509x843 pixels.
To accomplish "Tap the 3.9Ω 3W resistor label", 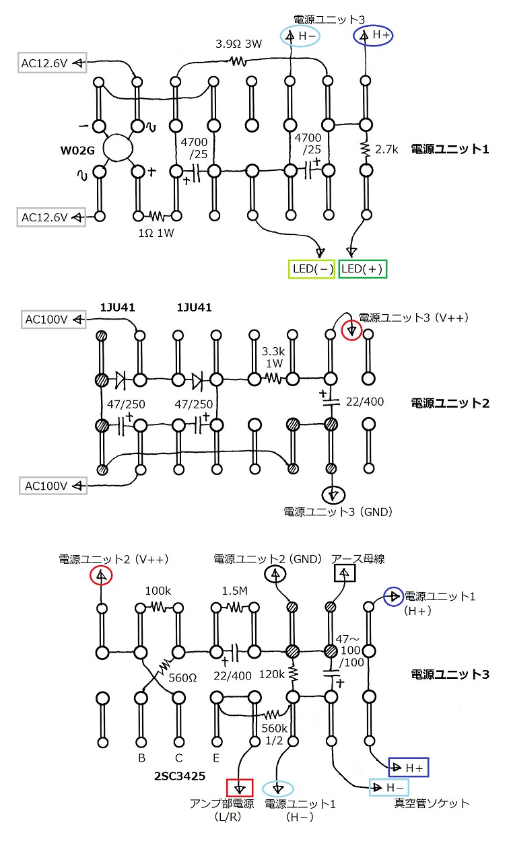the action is (x=239, y=44).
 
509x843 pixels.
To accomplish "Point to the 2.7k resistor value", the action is (x=386, y=149).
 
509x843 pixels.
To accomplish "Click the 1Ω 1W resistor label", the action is (x=156, y=233).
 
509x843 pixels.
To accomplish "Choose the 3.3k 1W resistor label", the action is (x=273, y=357).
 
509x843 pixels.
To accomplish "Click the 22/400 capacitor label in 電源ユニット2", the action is (x=365, y=402).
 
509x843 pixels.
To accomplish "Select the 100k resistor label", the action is (x=158, y=591).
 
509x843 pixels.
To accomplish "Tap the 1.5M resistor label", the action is (x=234, y=591).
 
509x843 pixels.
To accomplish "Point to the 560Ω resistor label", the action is (x=182, y=678).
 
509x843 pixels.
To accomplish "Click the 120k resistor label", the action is (x=271, y=674).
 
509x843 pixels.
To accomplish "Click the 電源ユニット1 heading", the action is (x=450, y=149).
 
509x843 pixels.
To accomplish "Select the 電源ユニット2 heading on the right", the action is (x=450, y=404).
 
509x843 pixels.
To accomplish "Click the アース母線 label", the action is (x=358, y=559).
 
